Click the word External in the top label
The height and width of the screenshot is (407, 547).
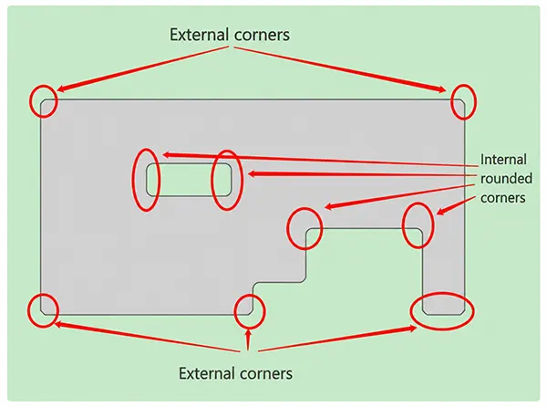point(200,35)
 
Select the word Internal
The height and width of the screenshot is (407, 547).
point(503,160)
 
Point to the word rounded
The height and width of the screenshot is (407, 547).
point(507,178)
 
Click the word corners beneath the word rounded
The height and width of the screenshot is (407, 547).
point(502,198)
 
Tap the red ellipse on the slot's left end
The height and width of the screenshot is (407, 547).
point(133,180)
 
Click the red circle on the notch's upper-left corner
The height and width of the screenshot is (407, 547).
point(288,228)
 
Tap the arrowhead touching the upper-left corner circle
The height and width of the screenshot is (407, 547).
point(62,89)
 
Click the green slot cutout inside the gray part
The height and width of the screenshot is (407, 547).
point(189,180)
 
